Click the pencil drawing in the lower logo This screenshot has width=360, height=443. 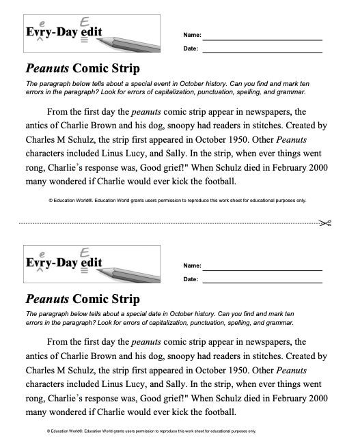(x=130, y=276)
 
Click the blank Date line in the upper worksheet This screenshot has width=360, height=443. (x=262, y=51)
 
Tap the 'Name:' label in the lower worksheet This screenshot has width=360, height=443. (x=192, y=266)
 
